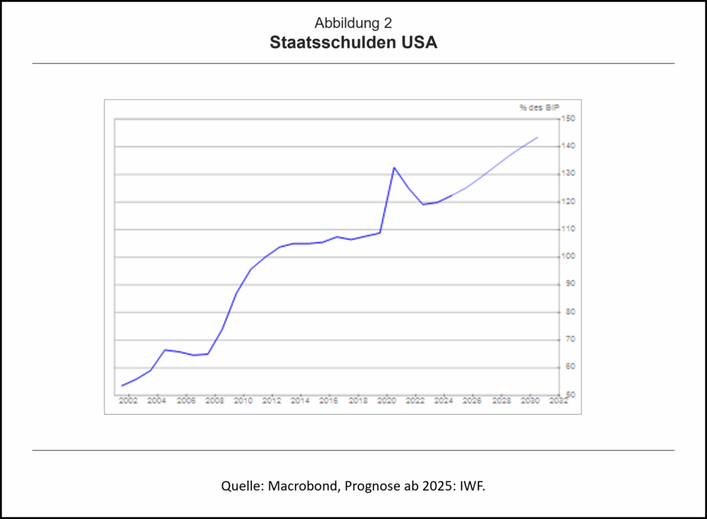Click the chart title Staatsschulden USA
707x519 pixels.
(x=353, y=43)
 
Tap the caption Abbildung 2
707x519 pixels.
(x=353, y=23)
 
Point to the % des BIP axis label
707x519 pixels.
(x=539, y=107)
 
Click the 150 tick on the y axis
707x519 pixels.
(x=568, y=119)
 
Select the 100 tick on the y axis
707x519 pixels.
(x=568, y=256)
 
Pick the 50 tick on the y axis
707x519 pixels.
(x=567, y=395)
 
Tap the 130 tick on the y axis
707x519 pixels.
(x=568, y=174)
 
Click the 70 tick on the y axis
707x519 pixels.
(x=567, y=339)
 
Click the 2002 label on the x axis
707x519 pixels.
(x=128, y=401)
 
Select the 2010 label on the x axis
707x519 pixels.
(x=244, y=401)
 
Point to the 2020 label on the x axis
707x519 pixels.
(x=387, y=401)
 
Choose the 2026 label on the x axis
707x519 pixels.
(x=472, y=401)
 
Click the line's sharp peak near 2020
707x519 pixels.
(x=394, y=167)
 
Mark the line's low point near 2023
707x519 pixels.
(x=423, y=204)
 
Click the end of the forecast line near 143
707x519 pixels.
(x=537, y=138)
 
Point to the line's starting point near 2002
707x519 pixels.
(x=122, y=386)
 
